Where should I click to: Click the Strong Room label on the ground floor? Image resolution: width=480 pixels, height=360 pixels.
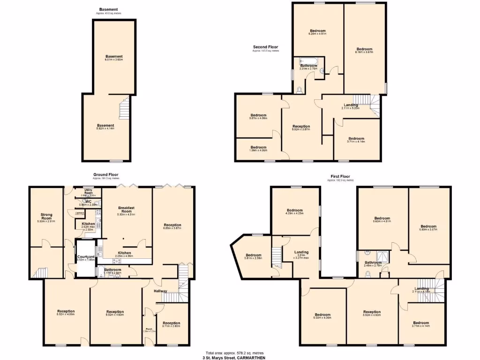click(46, 215)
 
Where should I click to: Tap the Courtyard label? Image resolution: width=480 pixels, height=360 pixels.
click(86, 257)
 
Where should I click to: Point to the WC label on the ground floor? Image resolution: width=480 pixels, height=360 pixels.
click(88, 202)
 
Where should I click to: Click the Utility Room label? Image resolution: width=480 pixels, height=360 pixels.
click(88, 191)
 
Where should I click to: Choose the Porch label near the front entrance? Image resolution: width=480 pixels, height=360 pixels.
click(148, 329)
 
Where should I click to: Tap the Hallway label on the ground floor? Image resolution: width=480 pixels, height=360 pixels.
click(161, 291)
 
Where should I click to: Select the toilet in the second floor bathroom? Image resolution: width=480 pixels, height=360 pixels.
click(300, 89)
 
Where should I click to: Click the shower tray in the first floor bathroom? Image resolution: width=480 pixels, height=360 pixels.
click(383, 255)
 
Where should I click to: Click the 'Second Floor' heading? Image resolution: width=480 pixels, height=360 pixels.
click(266, 47)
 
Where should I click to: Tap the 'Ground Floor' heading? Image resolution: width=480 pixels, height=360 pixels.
click(105, 175)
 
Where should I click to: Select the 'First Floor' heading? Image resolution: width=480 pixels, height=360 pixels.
click(340, 176)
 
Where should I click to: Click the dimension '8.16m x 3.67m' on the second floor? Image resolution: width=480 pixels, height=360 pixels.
click(364, 52)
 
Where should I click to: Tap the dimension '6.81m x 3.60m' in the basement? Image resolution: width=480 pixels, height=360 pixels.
click(114, 60)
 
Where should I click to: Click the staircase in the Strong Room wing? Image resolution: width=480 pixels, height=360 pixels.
click(42, 272)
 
